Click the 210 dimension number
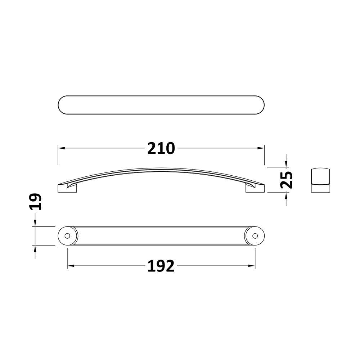pyautogui.click(x=161, y=148)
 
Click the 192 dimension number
pyautogui.click(x=161, y=266)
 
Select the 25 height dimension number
pyautogui.click(x=287, y=180)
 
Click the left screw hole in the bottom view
pyautogui.click(x=67, y=236)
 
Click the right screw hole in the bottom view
pyautogui.click(x=255, y=236)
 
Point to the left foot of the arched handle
pyautogui.click(x=67, y=189)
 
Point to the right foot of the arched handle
pyautogui.click(x=255, y=189)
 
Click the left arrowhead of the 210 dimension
pyautogui.click(x=61, y=148)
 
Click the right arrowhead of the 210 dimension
pyautogui.click(x=262, y=148)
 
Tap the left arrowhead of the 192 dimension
pyautogui.click(x=71, y=266)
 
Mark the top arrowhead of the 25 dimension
pyautogui.click(x=286, y=165)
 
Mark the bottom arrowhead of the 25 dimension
pyautogui.click(x=286, y=195)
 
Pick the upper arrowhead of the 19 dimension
pyautogui.click(x=35, y=223)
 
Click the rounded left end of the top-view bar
pyautogui.click(x=61, y=105)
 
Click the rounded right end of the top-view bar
pyautogui.click(x=262, y=105)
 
